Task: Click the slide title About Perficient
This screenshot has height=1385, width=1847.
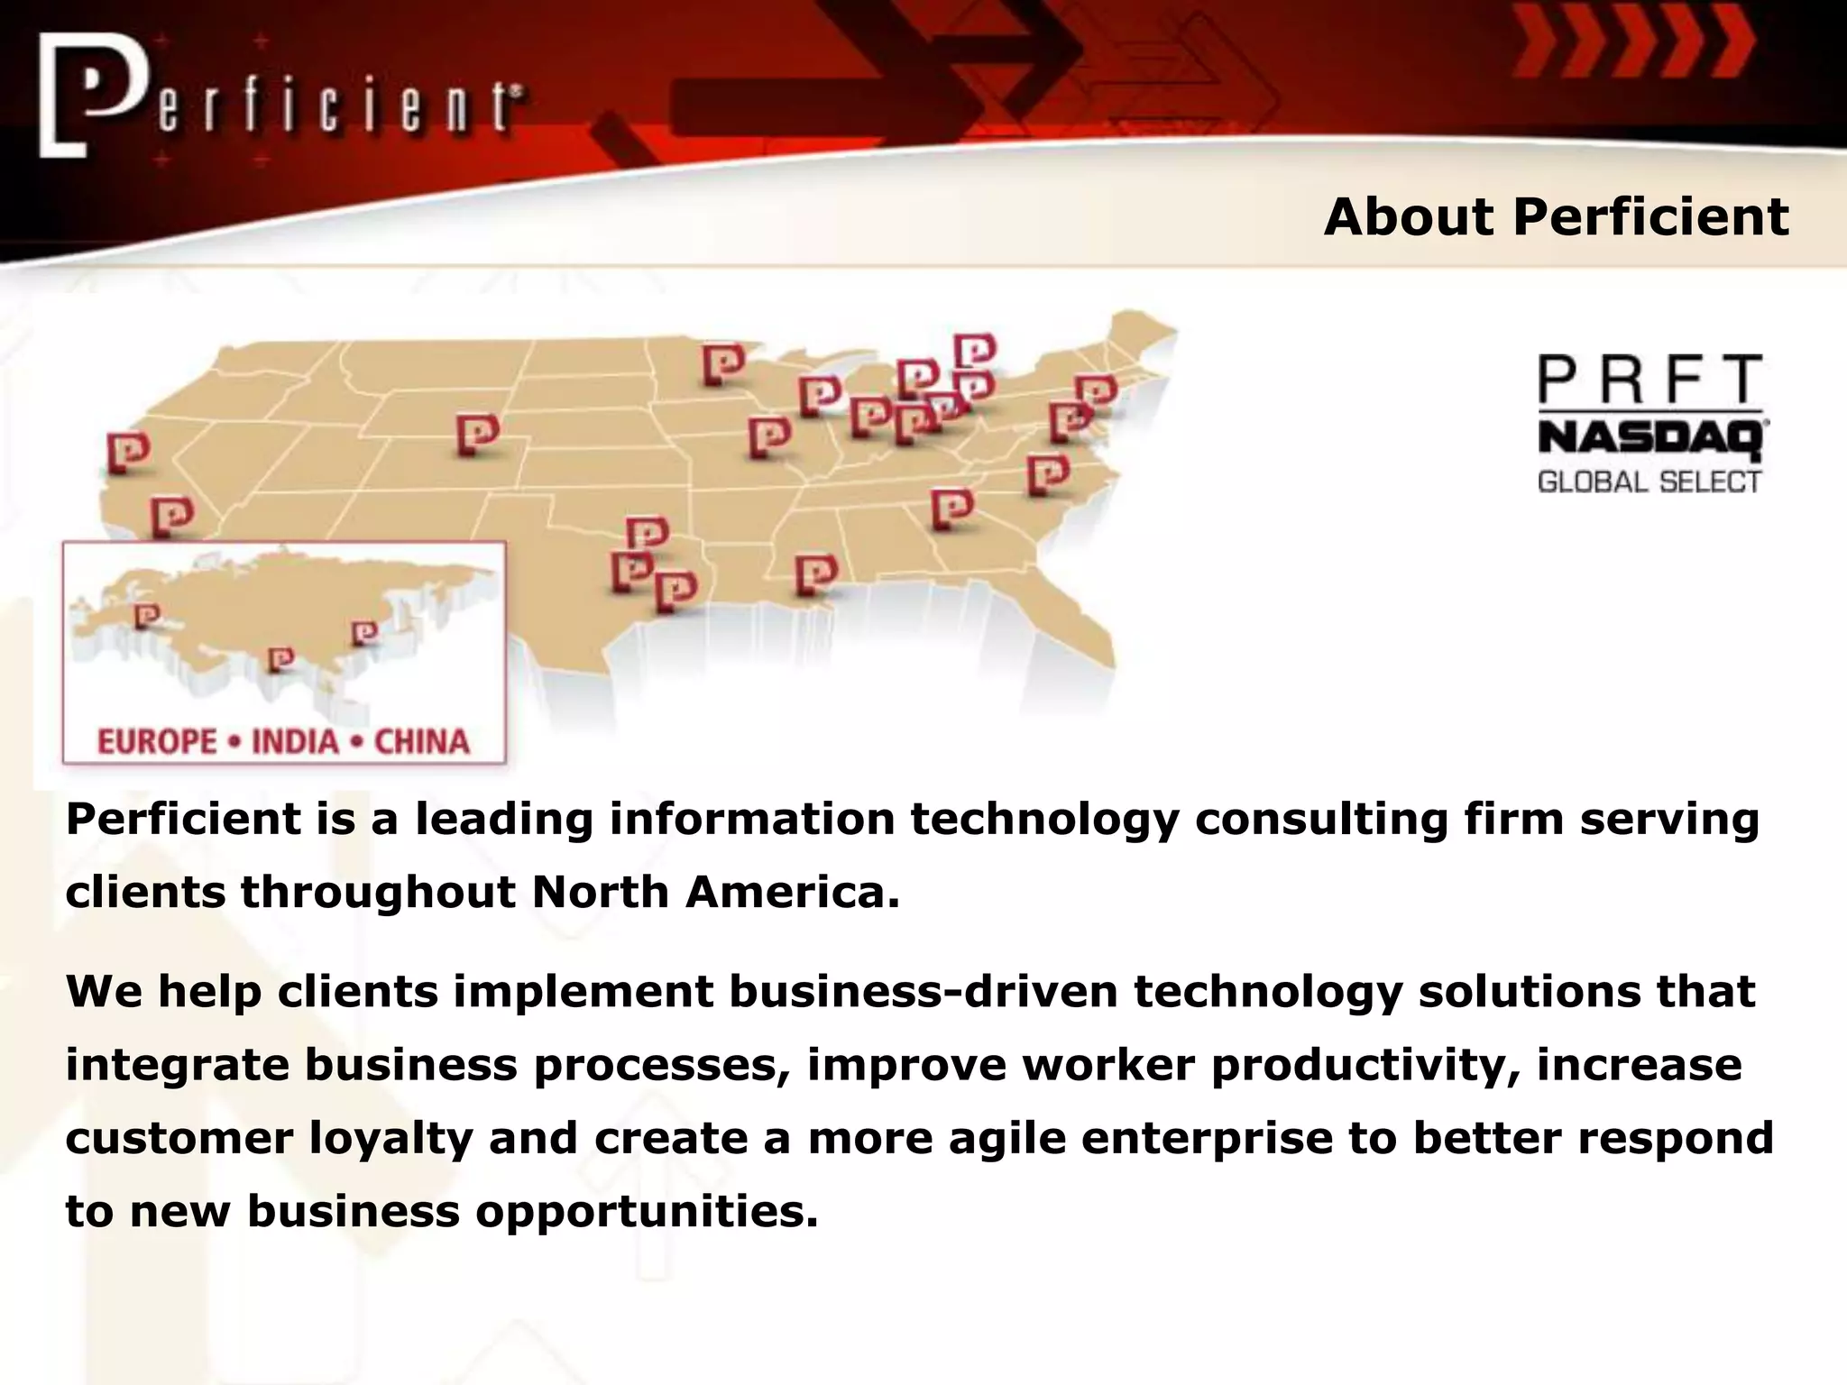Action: point(1556,217)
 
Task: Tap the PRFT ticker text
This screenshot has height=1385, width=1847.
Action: point(1649,380)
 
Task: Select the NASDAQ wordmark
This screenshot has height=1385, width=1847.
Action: point(1651,441)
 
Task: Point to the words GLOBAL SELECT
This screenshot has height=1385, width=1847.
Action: point(1649,482)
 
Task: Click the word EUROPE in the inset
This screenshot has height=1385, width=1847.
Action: point(157,742)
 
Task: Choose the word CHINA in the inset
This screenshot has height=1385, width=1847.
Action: point(422,742)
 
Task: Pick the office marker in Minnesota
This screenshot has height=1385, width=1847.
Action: point(723,364)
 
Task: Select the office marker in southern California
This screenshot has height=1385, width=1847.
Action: point(171,517)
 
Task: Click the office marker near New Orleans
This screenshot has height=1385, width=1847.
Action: point(815,574)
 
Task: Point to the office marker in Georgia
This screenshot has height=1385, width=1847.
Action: point(951,509)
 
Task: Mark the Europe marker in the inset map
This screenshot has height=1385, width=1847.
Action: point(146,617)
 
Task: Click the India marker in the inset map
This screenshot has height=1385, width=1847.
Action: point(280,660)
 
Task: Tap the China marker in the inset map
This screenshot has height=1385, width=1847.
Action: point(363,633)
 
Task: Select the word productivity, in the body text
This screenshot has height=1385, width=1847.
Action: point(1365,1064)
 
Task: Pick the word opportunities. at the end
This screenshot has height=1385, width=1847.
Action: point(647,1210)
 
